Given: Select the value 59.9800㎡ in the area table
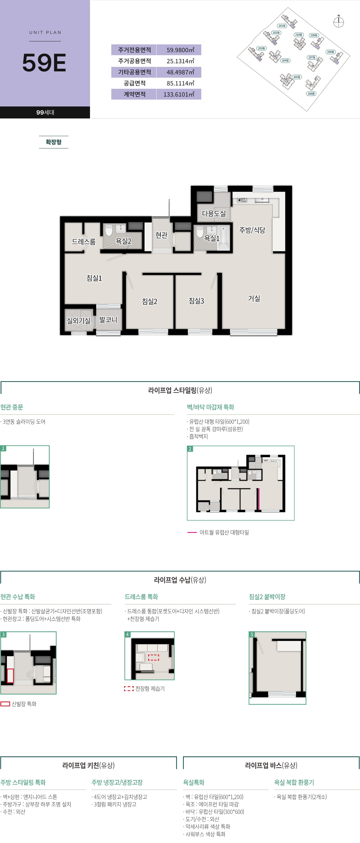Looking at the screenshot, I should click(x=180, y=50).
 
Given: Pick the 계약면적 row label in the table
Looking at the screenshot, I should click(x=134, y=94).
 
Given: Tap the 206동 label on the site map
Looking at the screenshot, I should click(x=311, y=94).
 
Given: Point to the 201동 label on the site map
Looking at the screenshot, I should click(x=281, y=25).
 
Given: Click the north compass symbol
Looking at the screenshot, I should click(x=338, y=22).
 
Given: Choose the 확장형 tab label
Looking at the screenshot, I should click(x=53, y=142).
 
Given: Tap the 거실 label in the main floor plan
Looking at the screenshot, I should click(x=254, y=298).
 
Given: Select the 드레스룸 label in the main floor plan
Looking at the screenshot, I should click(x=83, y=241).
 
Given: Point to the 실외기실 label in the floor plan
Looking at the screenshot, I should click(x=79, y=321).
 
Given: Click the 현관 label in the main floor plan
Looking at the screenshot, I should click(x=161, y=235).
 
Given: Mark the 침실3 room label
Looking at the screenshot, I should click(x=196, y=301).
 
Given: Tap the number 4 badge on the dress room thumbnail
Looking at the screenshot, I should click(x=127, y=635).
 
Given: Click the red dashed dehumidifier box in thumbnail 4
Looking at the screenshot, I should click(x=154, y=657).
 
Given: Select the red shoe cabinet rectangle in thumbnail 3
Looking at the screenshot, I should click(x=10, y=676).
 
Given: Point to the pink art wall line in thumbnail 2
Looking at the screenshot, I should click(x=258, y=499).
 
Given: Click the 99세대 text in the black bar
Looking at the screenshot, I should click(x=45, y=112).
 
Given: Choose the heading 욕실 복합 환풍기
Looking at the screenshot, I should click(x=294, y=782).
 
